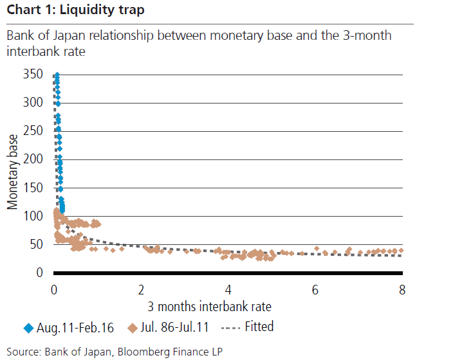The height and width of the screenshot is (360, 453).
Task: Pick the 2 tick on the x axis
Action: pyautogui.click(x=141, y=288)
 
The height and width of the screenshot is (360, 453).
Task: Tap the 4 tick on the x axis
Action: pyautogui.click(x=228, y=288)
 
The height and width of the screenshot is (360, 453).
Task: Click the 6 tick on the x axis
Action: pyautogui.click(x=315, y=288)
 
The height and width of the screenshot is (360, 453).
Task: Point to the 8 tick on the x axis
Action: pyautogui.click(x=402, y=288)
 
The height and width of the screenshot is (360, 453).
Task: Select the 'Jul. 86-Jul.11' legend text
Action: pyautogui.click(x=174, y=328)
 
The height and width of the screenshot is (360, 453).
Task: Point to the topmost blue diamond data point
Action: pyautogui.click(x=57, y=76)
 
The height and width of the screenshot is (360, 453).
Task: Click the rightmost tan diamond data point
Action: pyautogui.click(x=401, y=250)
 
